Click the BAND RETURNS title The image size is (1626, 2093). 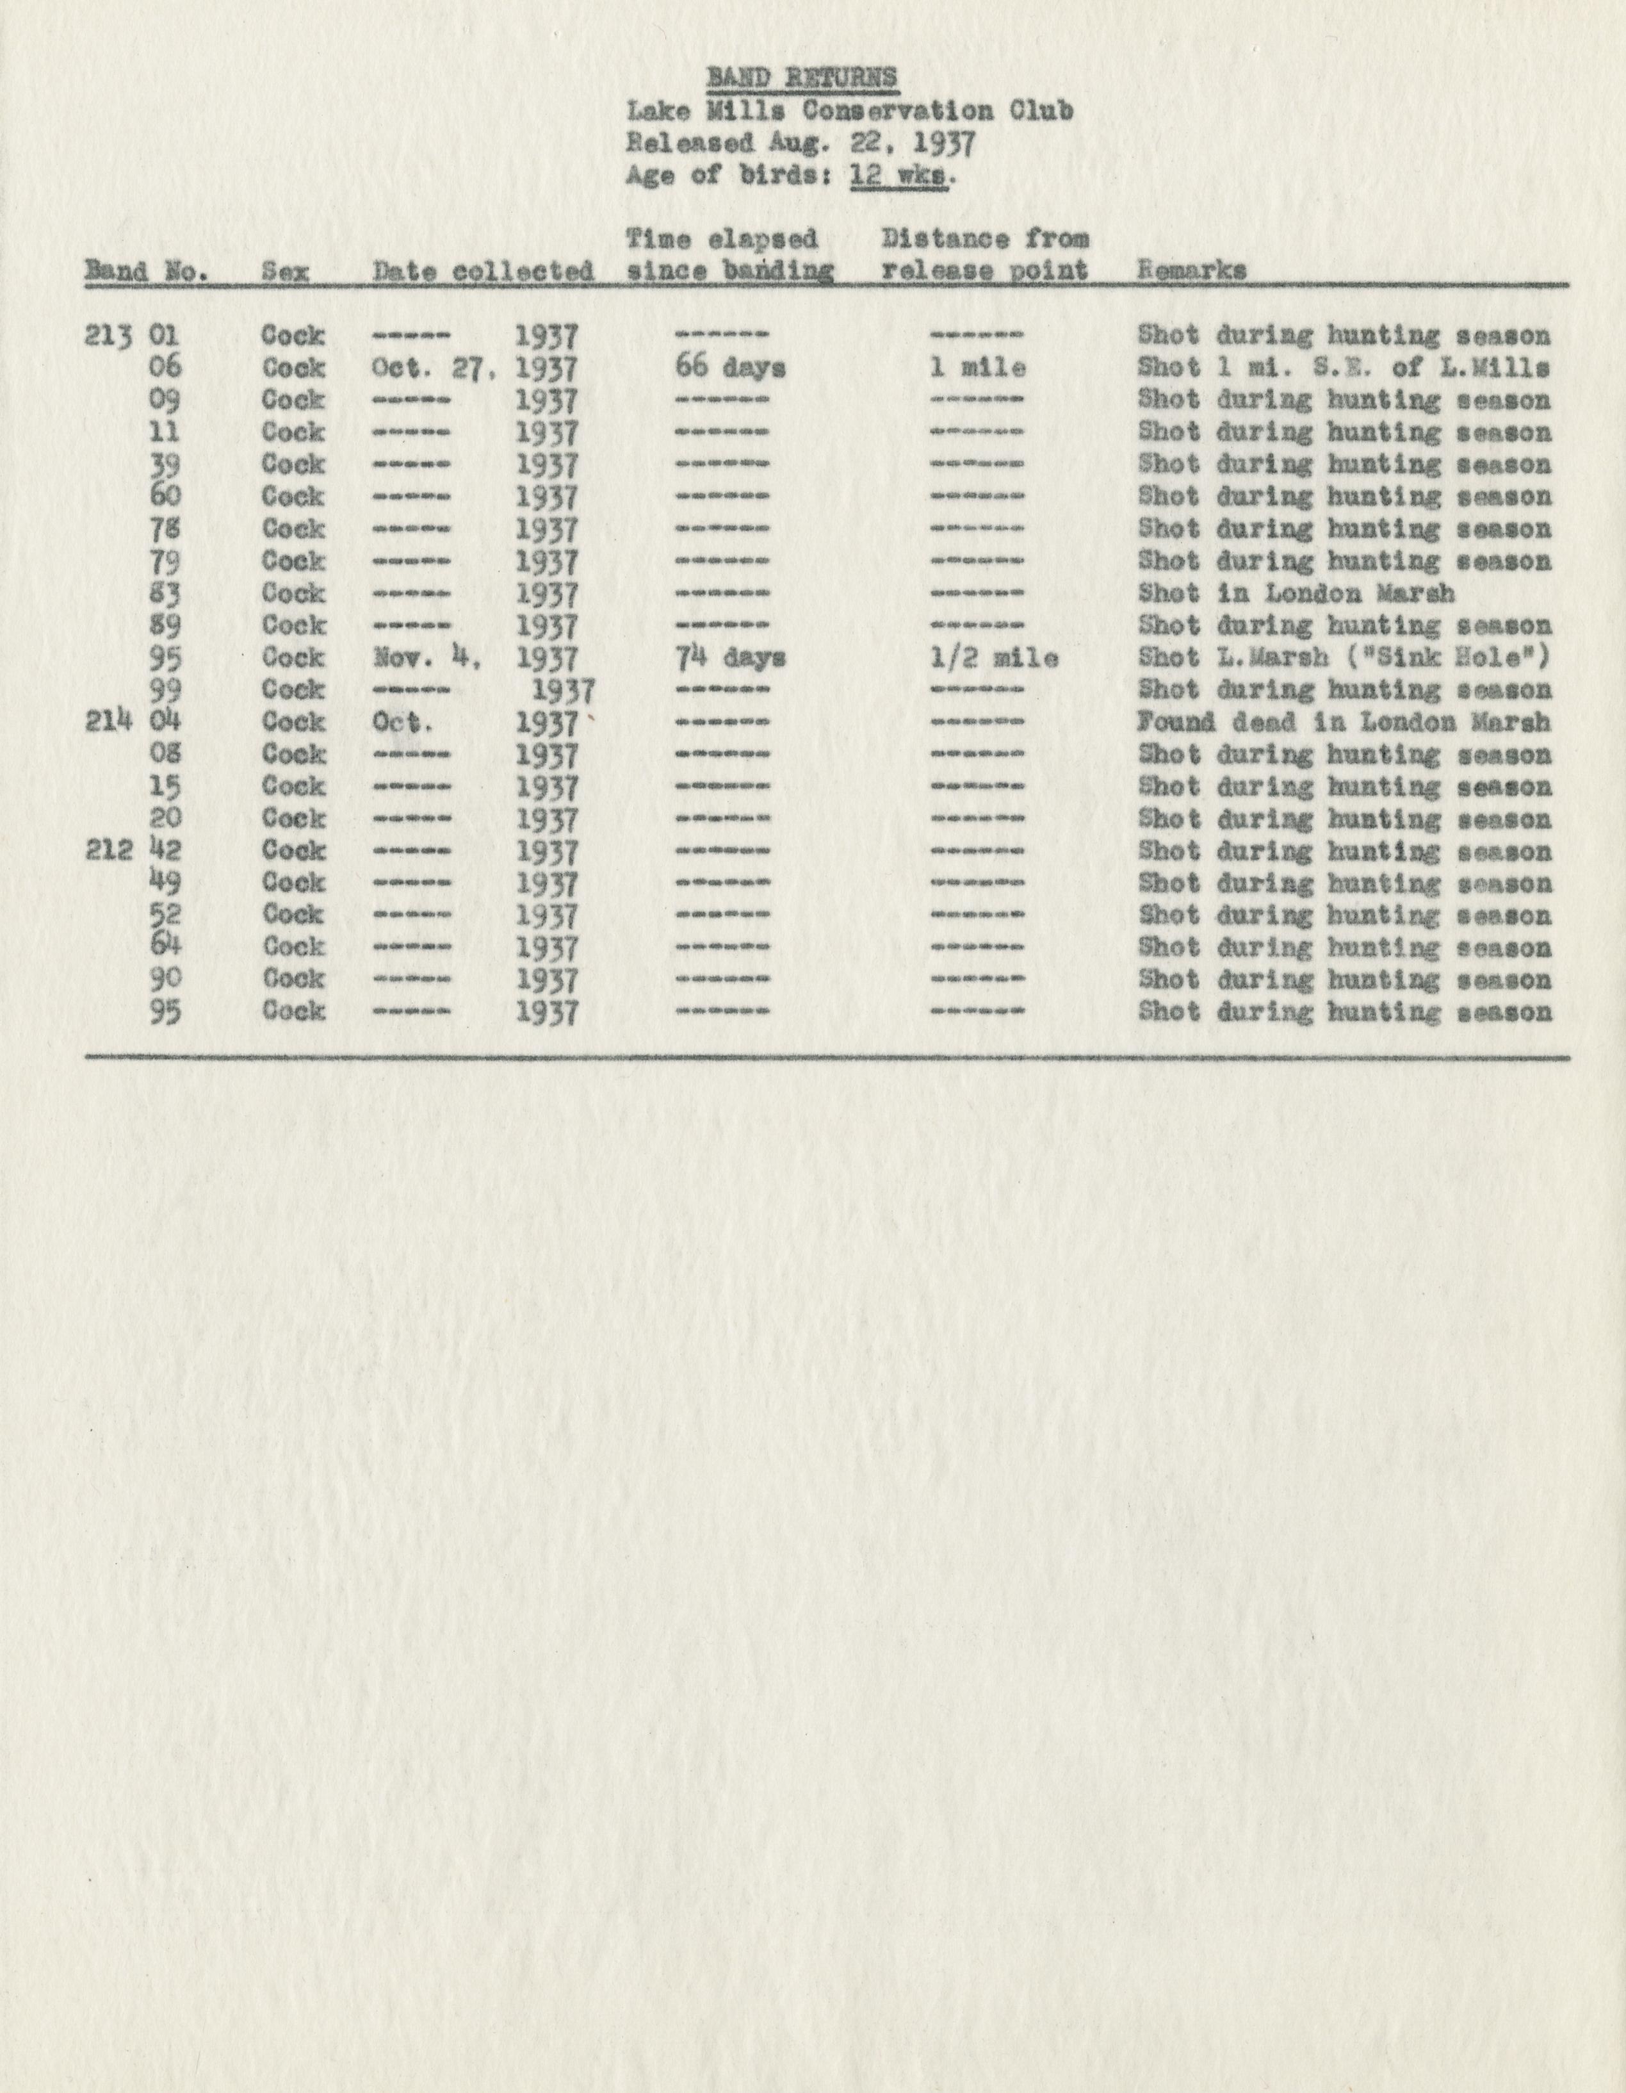coord(802,77)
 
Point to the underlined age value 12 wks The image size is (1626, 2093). coord(900,176)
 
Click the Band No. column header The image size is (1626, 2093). coord(147,271)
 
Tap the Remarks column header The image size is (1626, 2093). coord(1192,270)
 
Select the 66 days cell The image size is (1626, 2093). coord(730,367)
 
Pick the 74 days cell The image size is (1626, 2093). coord(730,659)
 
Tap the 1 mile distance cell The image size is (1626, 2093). coord(977,367)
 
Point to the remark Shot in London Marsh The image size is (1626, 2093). coord(1296,593)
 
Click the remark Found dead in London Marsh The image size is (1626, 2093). coord(1344,723)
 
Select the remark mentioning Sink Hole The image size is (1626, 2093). coord(1344,659)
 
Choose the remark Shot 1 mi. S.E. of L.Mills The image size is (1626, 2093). coord(1344,367)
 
